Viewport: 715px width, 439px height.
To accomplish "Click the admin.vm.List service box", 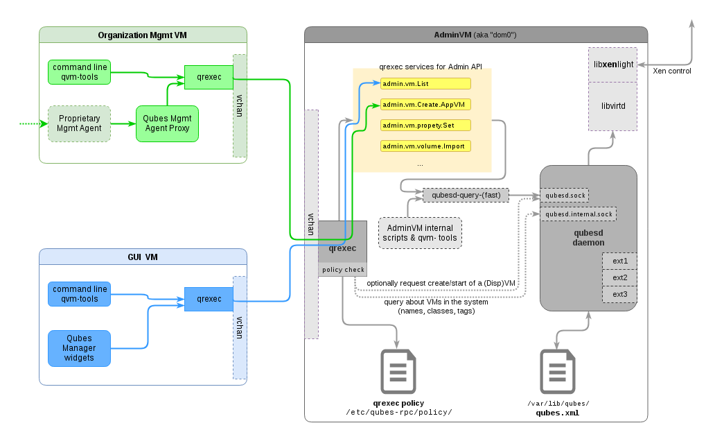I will click(x=425, y=84).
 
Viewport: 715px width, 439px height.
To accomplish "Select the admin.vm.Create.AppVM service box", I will click(x=425, y=105).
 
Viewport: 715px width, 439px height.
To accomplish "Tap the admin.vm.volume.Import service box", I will click(x=425, y=146).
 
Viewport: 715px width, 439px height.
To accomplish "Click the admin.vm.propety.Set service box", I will click(x=425, y=126).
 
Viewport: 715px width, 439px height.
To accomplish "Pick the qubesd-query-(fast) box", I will click(x=466, y=196).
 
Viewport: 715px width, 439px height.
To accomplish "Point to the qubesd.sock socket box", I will click(x=564, y=196).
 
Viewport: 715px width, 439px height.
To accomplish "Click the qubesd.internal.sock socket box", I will click(x=578, y=214).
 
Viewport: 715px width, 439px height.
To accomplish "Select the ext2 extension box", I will click(x=619, y=278).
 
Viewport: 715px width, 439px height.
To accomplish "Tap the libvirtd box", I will click(x=612, y=106).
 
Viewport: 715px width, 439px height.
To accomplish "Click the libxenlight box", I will click(x=612, y=64).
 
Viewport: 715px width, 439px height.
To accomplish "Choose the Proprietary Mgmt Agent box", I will click(x=80, y=123).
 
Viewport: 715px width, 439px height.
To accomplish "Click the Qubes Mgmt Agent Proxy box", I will click(x=167, y=124).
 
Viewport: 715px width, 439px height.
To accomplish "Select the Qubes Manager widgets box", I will click(x=80, y=348).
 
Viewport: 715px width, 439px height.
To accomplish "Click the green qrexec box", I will click(x=209, y=77).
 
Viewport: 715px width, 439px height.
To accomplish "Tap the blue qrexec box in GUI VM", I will click(x=209, y=299).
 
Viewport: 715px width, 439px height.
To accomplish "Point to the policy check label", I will click(x=342, y=270).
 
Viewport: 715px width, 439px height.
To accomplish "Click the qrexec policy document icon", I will click(x=398, y=372).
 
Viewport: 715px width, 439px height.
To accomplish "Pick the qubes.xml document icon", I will click(x=558, y=372).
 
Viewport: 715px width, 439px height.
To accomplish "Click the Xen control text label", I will click(x=672, y=71).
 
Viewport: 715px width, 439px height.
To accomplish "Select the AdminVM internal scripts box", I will click(x=420, y=232).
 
